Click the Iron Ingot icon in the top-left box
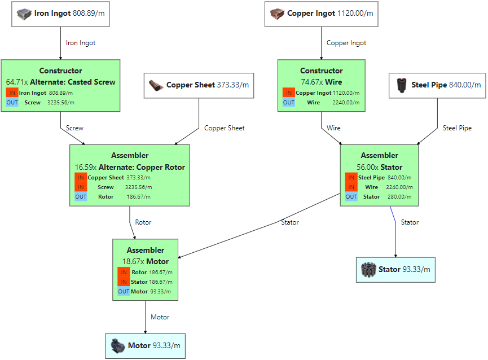click(x=24, y=14)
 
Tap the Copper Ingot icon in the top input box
click(x=276, y=14)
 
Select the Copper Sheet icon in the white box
click(x=156, y=85)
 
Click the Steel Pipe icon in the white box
click(x=403, y=85)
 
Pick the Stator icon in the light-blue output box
click(x=368, y=270)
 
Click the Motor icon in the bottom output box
click(x=118, y=345)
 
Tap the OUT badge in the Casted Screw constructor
click(x=12, y=103)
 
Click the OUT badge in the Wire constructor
click(x=289, y=103)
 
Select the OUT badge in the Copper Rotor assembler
click(x=81, y=197)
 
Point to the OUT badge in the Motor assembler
click(x=124, y=292)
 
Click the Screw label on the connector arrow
click(x=74, y=128)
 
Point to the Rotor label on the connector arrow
click(x=143, y=222)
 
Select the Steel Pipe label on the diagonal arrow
click(x=457, y=128)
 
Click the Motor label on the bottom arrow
click(x=160, y=317)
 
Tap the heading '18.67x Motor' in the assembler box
click(x=146, y=261)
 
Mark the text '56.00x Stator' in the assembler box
click(x=379, y=167)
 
